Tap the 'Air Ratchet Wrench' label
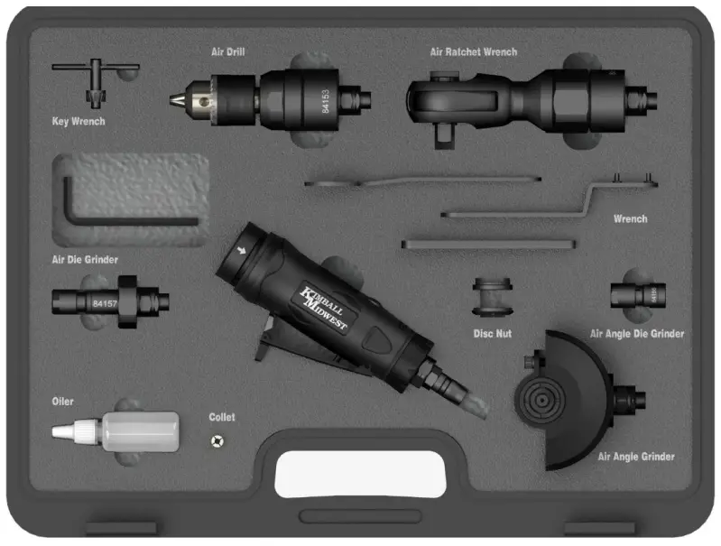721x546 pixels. [x=473, y=52]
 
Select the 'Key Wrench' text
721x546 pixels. [x=79, y=122]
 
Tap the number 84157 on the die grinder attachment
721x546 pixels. [x=106, y=304]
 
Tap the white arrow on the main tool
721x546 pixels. [x=241, y=252]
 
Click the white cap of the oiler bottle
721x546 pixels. [x=68, y=433]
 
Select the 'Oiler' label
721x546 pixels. [x=63, y=402]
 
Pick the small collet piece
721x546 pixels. [x=217, y=440]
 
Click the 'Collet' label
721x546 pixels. [x=222, y=417]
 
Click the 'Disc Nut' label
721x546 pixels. [x=493, y=334]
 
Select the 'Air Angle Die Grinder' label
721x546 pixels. [x=636, y=334]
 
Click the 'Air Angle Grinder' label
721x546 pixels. [x=636, y=457]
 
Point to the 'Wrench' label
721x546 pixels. [x=630, y=219]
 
